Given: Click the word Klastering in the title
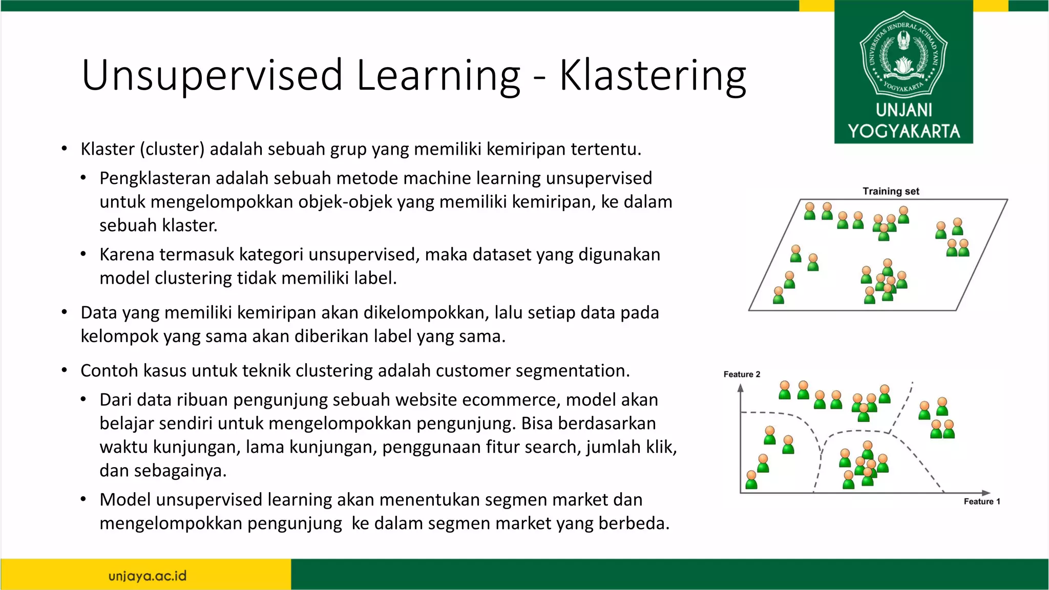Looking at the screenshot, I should pyautogui.click(x=653, y=76).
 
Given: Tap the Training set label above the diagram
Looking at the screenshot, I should pyautogui.click(x=891, y=191).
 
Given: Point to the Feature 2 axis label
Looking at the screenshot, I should pyautogui.click(x=742, y=374).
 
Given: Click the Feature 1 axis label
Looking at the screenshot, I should pyautogui.click(x=981, y=501).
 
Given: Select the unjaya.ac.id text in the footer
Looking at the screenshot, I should pyautogui.click(x=148, y=576).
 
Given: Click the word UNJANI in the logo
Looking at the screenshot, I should pyautogui.click(x=904, y=110).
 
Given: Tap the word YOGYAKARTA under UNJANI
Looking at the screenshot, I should pyautogui.click(x=904, y=131).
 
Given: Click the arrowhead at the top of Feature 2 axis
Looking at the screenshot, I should pyautogui.click(x=740, y=388).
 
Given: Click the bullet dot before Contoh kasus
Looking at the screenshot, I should pyautogui.click(x=64, y=370).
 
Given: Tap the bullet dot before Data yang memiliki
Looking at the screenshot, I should pyautogui.click(x=64, y=312).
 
